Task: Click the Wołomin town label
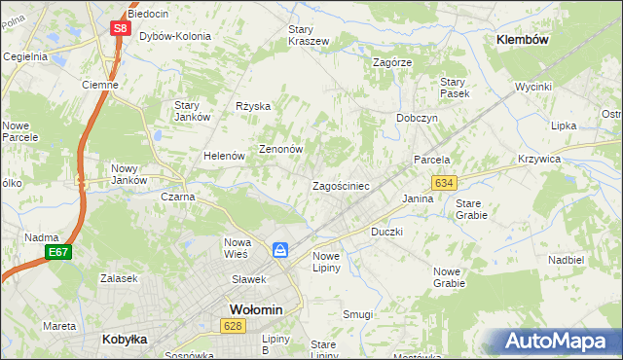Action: coord(255,309)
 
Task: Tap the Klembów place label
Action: coord(523,40)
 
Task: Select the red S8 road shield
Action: coord(119,29)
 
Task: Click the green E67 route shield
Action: coord(56,253)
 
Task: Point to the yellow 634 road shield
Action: coord(445,183)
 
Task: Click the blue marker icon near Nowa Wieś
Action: coord(280,251)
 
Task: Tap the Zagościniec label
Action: coord(340,186)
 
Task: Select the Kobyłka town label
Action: coord(124,340)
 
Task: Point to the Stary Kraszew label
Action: coord(308,35)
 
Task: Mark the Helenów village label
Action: coord(223,156)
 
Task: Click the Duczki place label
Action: coord(386,233)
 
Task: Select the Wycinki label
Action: coord(533,87)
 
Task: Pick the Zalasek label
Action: coord(117,277)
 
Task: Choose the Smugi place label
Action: coord(357,314)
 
